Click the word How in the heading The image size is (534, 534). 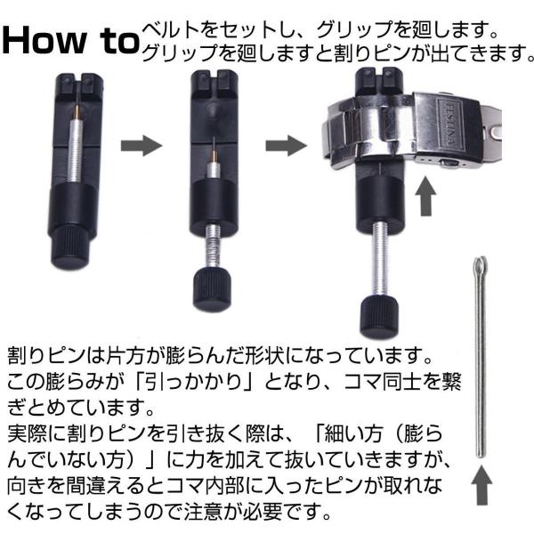44,40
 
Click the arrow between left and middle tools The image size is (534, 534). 142,146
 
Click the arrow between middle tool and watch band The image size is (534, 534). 286,146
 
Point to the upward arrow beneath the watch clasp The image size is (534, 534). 425,196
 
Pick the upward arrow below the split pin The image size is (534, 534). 481,485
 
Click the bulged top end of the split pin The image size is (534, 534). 480,265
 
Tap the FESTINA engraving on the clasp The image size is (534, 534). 449,124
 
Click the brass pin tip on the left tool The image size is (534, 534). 77,111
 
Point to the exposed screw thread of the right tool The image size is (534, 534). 380,260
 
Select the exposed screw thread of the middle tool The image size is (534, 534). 213,247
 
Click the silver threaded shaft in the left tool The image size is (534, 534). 76,150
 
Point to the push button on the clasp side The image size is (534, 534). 449,163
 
